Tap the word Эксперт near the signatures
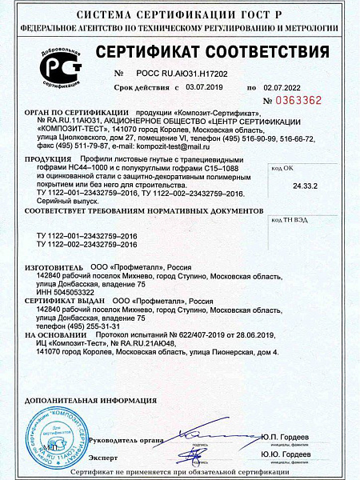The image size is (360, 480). pyautogui.click(x=102, y=456)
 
